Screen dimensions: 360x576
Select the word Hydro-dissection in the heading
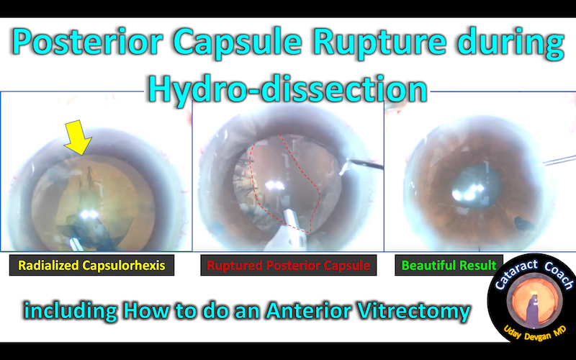coord(287,89)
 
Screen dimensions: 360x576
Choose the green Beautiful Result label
coord(448,266)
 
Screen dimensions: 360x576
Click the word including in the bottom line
coord(71,312)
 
